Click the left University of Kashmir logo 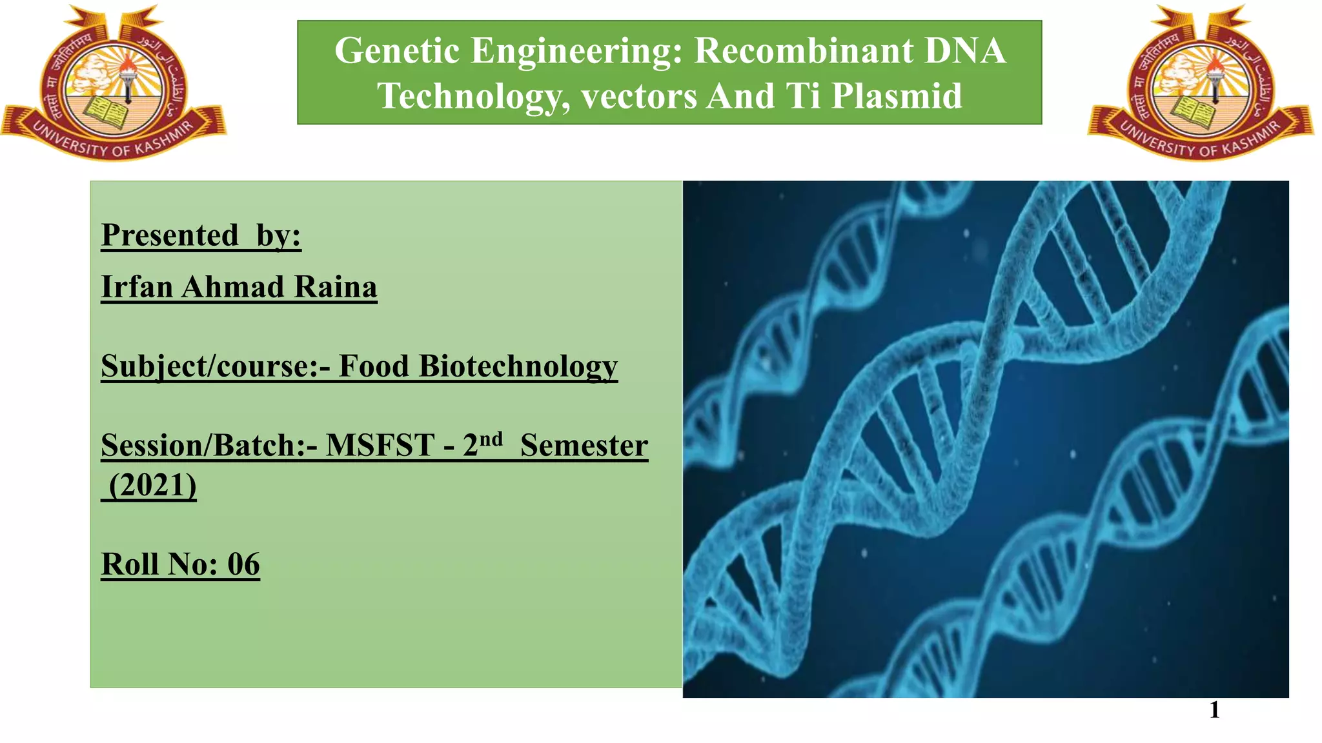[x=113, y=82]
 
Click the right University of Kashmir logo [x=1201, y=82]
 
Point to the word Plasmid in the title [x=896, y=96]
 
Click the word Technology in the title [x=474, y=96]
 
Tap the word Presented [x=170, y=235]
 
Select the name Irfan [x=137, y=286]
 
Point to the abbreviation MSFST [x=380, y=445]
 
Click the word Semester [x=584, y=445]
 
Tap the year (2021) [x=152, y=485]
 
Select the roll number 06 [x=243, y=564]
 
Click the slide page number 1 [x=1214, y=709]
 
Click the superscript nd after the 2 [x=491, y=439]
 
